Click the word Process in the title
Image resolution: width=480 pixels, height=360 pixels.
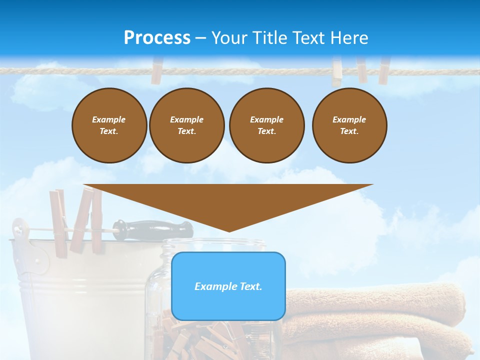tap(157, 38)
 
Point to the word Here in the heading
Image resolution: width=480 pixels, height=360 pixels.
tap(348, 38)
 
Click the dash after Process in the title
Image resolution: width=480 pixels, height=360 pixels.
tap(201, 38)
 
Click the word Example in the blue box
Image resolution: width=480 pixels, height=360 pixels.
tap(211, 286)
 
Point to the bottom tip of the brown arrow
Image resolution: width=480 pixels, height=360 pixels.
tap(229, 230)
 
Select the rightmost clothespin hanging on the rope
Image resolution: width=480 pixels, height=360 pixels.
tap(384, 70)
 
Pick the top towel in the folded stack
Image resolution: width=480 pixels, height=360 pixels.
tap(380, 300)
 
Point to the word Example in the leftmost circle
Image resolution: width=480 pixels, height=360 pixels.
tap(109, 119)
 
